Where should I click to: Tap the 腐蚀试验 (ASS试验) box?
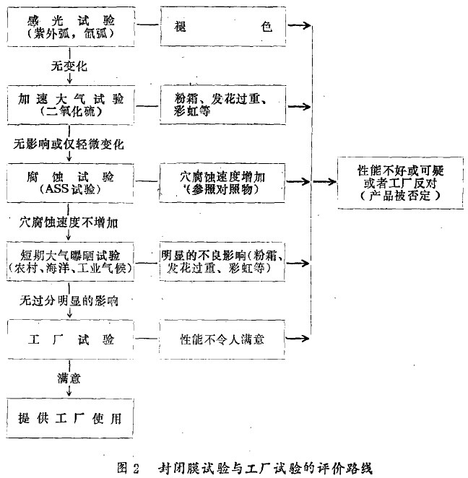pyautogui.click(x=70, y=181)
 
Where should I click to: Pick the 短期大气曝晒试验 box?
pyautogui.click(x=70, y=258)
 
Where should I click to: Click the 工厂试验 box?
pyautogui.click(x=70, y=337)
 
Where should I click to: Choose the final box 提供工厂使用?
pyautogui.click(x=70, y=418)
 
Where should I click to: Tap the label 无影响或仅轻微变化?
pyautogui.click(x=69, y=143)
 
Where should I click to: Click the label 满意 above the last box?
pyautogui.click(x=69, y=378)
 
